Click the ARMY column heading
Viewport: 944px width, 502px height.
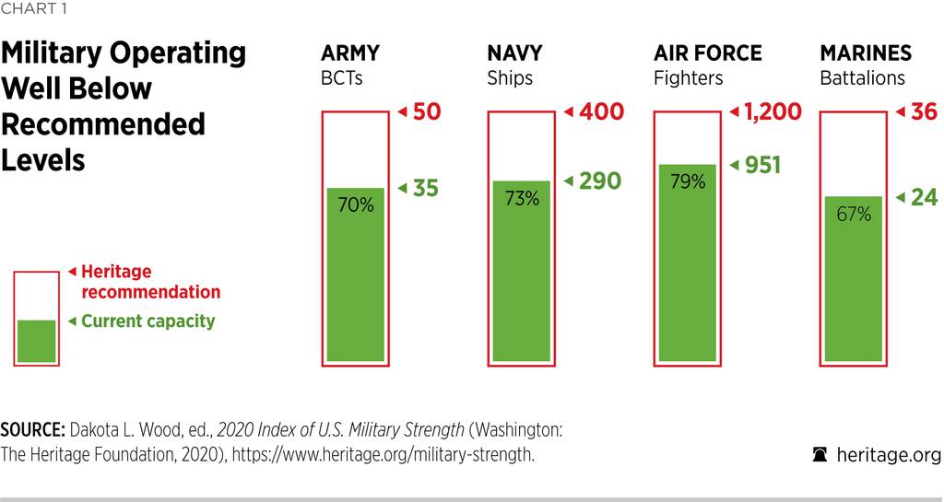coord(349,53)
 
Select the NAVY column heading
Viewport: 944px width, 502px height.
coord(514,53)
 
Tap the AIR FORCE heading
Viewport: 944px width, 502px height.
coord(707,53)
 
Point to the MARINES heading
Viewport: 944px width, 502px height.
coord(865,53)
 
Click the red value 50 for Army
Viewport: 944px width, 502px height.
coord(427,112)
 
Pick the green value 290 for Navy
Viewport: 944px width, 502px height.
coord(599,181)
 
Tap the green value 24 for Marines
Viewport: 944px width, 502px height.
coord(924,197)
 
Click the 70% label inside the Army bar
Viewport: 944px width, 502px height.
coord(355,205)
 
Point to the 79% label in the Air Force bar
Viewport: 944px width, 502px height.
coord(687,181)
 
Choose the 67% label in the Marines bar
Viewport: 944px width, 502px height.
coord(854,215)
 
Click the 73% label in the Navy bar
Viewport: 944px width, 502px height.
coord(521,198)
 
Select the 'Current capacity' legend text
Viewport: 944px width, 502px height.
coord(147,321)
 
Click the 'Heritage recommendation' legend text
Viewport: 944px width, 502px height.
coord(150,282)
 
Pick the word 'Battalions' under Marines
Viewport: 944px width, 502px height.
coord(862,78)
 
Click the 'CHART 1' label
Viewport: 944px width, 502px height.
coord(33,10)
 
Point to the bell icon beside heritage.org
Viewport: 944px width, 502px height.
coord(819,454)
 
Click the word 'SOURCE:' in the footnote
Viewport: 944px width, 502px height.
coord(32,430)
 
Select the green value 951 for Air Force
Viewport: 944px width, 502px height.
coord(761,165)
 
